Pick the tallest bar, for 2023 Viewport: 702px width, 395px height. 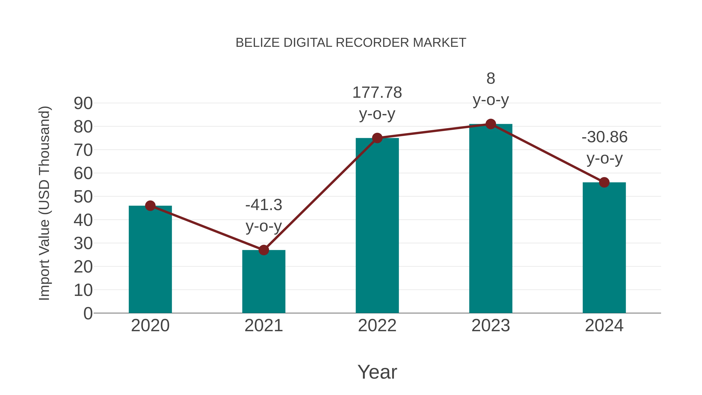pyautogui.click(x=491, y=218)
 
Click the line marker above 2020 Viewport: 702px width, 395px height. pyautogui.click(x=150, y=206)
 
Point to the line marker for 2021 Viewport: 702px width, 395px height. pyautogui.click(x=263, y=250)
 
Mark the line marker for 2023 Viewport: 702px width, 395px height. pyautogui.click(x=491, y=124)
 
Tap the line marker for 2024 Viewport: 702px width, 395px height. pyautogui.click(x=604, y=182)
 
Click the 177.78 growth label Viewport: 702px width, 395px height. pyautogui.click(x=377, y=93)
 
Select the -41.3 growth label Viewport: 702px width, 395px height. pyautogui.click(x=263, y=205)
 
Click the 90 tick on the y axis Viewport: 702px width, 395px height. pyautogui.click(x=83, y=103)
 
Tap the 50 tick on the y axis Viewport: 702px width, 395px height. pyautogui.click(x=83, y=197)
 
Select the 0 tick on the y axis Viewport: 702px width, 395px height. pyautogui.click(x=88, y=313)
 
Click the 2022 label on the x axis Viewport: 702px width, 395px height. pyautogui.click(x=377, y=326)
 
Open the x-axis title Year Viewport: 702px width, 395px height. pyautogui.click(x=377, y=372)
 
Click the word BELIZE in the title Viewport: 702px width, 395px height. pyautogui.click(x=258, y=43)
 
